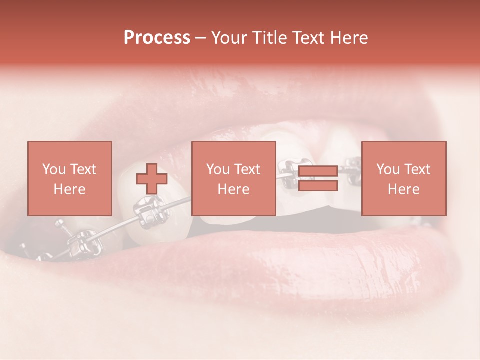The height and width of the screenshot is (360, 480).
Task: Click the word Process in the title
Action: [157, 38]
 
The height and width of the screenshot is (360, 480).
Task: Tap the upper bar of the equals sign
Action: [318, 171]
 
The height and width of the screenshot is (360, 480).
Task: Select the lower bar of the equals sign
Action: [318, 186]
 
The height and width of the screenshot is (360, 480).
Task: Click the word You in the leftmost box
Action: [53, 169]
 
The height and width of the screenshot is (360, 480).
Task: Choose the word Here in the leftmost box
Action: [69, 189]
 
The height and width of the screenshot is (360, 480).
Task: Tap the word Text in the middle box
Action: [247, 169]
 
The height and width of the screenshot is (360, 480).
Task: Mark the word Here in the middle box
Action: [233, 189]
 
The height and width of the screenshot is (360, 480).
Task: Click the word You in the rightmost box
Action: [388, 169]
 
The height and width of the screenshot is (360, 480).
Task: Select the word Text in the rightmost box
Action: [417, 169]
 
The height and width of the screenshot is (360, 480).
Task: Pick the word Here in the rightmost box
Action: [403, 189]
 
